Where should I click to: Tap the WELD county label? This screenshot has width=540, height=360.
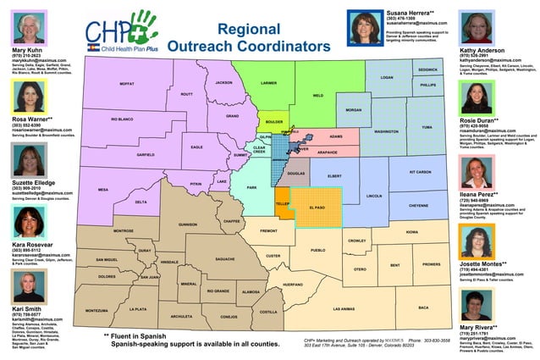318,96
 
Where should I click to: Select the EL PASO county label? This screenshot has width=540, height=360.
317,207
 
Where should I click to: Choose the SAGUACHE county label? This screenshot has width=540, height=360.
224,258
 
